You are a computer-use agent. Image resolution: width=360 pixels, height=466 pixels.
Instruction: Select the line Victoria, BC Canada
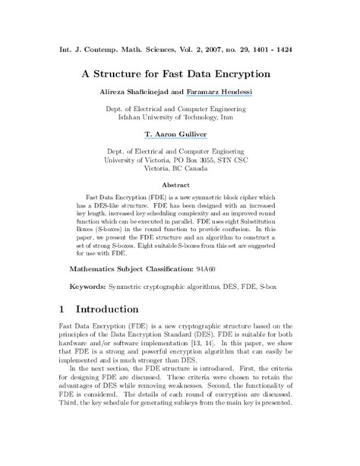pos(180,170)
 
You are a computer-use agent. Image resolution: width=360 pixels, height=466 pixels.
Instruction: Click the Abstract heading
pos(180,185)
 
